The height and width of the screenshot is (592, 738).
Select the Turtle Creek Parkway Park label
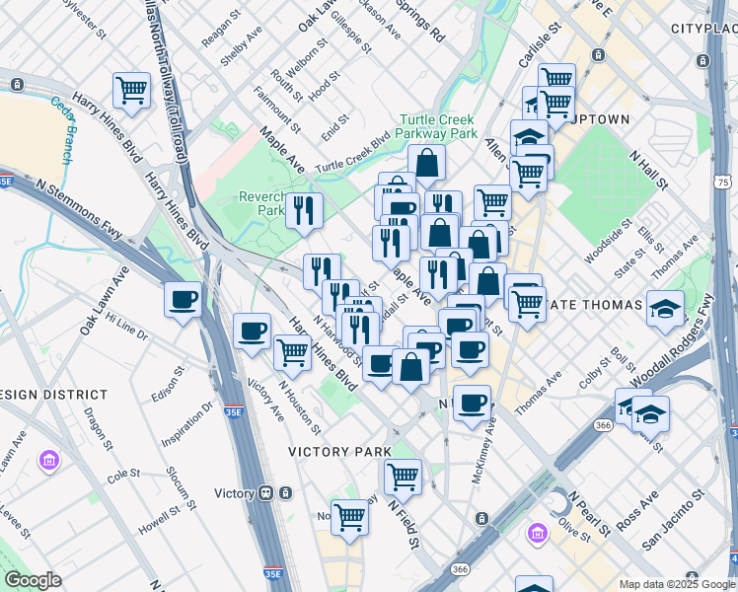point(435,126)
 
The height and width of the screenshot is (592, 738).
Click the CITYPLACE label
point(702,29)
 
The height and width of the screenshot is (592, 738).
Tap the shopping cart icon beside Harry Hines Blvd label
point(131,91)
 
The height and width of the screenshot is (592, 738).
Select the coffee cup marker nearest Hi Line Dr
point(183,299)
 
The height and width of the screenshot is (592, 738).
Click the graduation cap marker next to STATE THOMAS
point(665,309)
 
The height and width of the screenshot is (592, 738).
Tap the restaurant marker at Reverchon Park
point(304,209)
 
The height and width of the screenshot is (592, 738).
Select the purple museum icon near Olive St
point(537,534)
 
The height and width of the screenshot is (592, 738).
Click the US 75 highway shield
point(724,183)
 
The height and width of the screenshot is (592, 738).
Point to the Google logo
point(33,580)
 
